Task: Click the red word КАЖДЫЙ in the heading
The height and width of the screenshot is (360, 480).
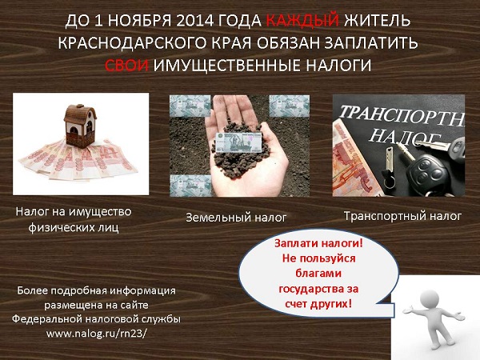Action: click(x=302, y=21)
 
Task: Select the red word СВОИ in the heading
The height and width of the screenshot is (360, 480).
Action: click(x=126, y=66)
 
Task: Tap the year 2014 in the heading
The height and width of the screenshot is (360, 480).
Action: click(x=194, y=21)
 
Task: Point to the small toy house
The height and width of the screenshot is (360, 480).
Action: click(x=80, y=126)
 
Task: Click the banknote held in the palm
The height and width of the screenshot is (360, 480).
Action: click(x=238, y=142)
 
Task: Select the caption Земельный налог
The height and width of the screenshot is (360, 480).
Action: click(x=236, y=218)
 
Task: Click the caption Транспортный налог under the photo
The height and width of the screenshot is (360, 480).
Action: click(x=402, y=216)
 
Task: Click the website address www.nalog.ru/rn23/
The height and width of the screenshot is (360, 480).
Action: click(x=97, y=334)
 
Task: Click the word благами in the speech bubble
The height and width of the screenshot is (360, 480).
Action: click(x=318, y=273)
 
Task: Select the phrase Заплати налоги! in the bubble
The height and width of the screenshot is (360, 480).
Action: click(x=318, y=243)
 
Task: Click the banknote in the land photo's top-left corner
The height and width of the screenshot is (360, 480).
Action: click(x=190, y=106)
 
